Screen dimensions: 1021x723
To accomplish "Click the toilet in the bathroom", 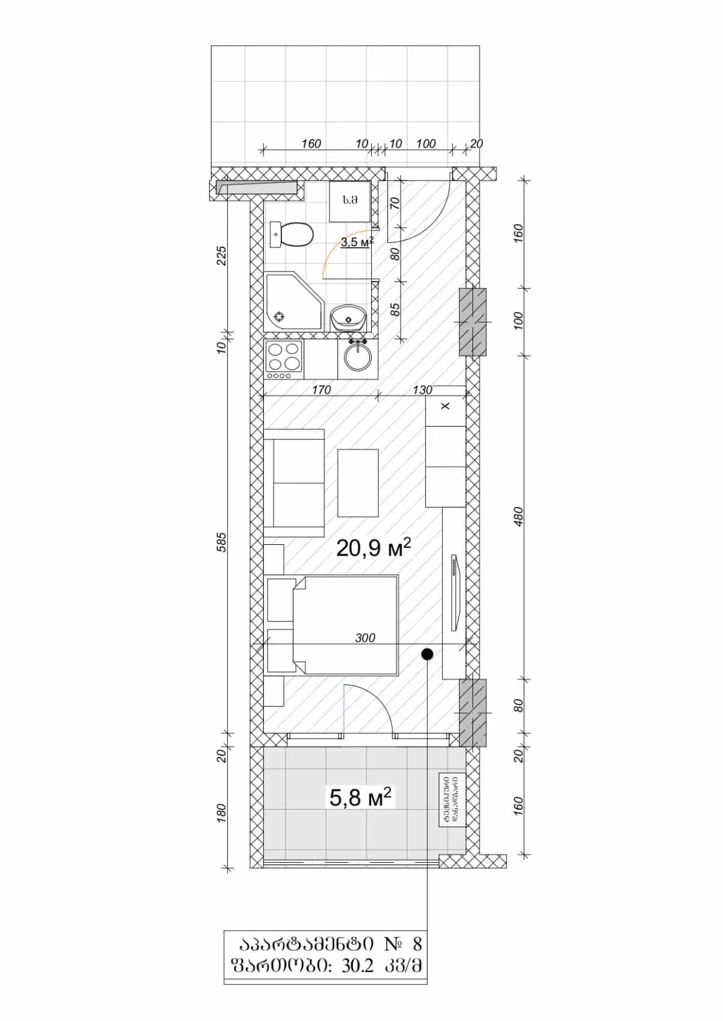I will pyautogui.click(x=293, y=234).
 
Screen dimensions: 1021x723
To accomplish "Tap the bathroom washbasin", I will pyautogui.click(x=348, y=317).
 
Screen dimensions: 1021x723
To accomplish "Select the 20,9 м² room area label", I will pyautogui.click(x=374, y=547).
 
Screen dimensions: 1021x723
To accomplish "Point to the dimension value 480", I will pyautogui.click(x=519, y=517).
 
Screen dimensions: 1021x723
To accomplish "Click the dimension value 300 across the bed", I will pyautogui.click(x=365, y=638).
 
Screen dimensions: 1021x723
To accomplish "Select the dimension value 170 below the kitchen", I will pyautogui.click(x=321, y=389).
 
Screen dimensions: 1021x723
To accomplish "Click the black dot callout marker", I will pyautogui.click(x=427, y=654).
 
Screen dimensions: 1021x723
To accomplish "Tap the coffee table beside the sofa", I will pyautogui.click(x=358, y=482).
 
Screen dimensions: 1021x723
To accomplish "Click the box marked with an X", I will pyautogui.click(x=445, y=406).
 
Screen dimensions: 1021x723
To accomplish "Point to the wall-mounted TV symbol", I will pyautogui.click(x=455, y=593).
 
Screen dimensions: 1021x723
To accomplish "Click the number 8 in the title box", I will pyautogui.click(x=417, y=943).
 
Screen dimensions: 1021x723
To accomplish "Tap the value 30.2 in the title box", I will pyautogui.click(x=357, y=966).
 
